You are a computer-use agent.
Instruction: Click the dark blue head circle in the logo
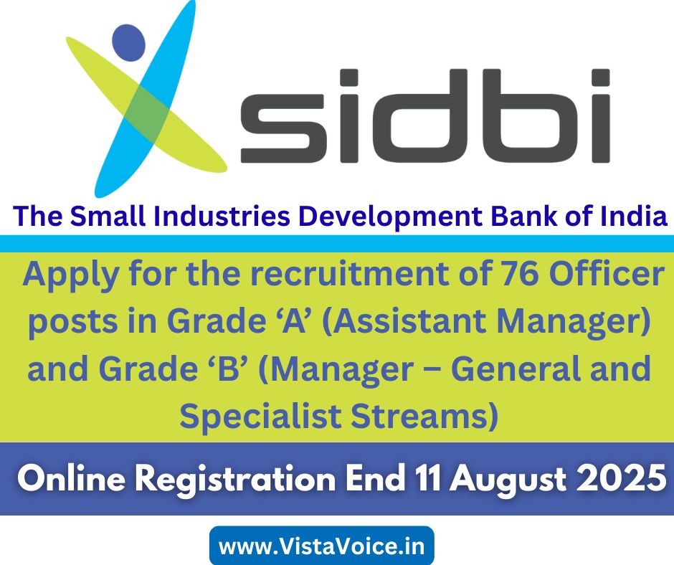[128, 42]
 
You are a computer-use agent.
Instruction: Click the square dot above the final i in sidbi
[600, 77]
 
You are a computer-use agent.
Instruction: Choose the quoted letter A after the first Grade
[293, 321]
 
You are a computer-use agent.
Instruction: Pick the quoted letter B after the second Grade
[229, 369]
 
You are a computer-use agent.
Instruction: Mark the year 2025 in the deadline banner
[621, 478]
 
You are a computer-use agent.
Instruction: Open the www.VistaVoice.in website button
[321, 546]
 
